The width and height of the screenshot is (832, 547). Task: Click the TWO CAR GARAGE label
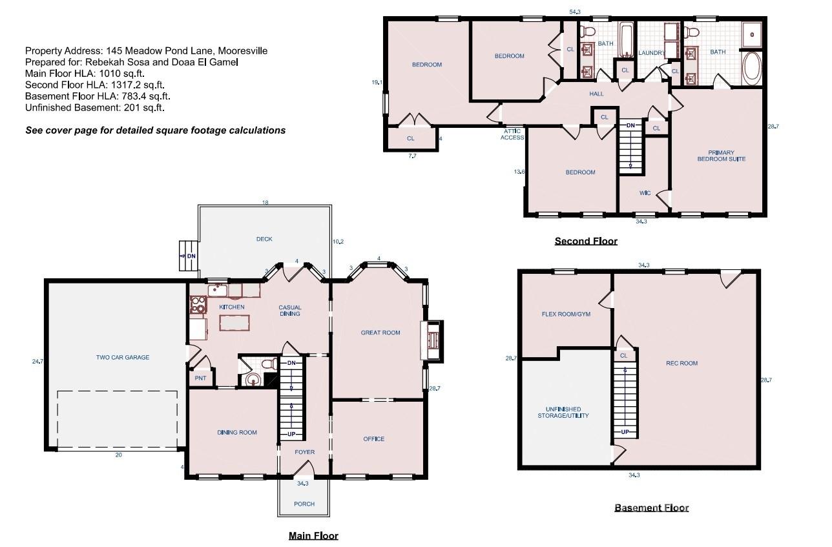coord(123,357)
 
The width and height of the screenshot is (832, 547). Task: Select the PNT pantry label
coord(200,378)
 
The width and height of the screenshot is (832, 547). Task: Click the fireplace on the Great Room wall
coord(432,340)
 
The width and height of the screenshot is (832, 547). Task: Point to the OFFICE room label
coord(373,439)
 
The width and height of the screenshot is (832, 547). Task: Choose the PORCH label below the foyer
coord(304,504)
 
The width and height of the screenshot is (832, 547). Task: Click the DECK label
coord(264,239)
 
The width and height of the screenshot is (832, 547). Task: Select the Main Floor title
coord(313,535)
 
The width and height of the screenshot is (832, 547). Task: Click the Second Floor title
coord(586,241)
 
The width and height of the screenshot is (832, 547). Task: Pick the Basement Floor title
coord(651,508)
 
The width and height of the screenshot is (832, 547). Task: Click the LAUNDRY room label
coord(651,52)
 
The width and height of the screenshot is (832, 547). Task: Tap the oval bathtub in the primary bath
coord(752,69)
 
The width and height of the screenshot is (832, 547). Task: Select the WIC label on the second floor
coord(644,193)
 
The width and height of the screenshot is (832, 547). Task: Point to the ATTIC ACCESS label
coord(513,134)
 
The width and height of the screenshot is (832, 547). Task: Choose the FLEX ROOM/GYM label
coord(566,315)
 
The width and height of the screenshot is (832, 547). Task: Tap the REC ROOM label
coord(682,363)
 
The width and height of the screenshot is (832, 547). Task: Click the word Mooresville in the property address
coord(242,50)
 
